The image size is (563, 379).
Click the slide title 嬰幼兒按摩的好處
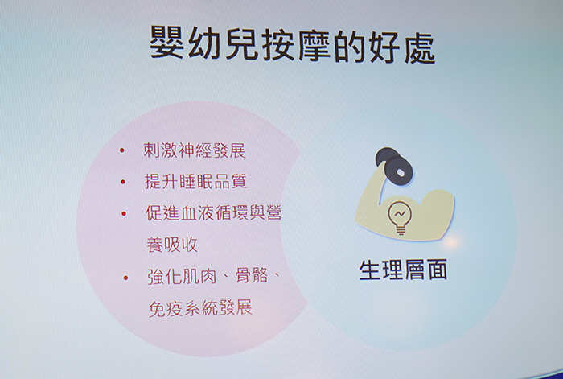(292, 46)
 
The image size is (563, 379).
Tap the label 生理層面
(403, 270)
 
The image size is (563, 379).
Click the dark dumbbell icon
(394, 167)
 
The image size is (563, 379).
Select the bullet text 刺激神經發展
(195, 150)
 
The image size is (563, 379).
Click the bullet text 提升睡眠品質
(195, 181)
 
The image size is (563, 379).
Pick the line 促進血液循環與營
(213, 212)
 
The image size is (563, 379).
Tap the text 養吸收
(172, 245)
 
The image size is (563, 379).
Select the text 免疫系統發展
(200, 308)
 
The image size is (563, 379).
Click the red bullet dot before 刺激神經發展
(122, 150)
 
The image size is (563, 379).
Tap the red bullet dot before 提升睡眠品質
(123, 182)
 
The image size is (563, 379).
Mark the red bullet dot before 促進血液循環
(124, 214)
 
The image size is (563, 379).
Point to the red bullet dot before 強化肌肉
(125, 278)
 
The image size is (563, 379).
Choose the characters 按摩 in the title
(296, 46)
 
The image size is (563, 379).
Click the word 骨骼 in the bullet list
(252, 276)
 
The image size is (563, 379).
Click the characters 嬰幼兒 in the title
(203, 45)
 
